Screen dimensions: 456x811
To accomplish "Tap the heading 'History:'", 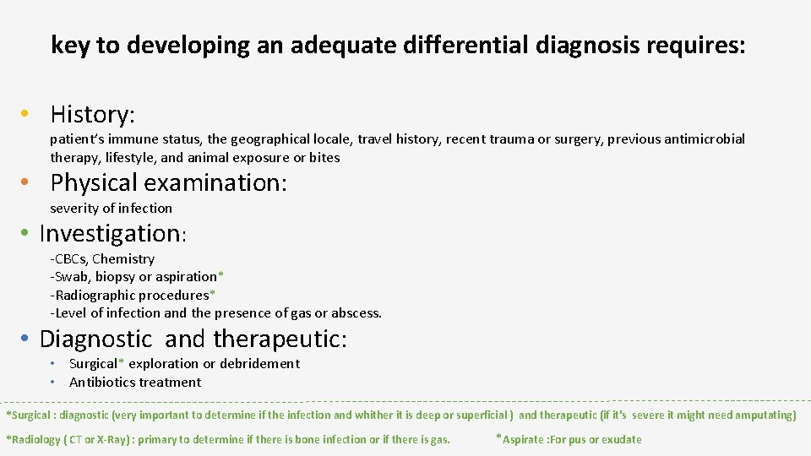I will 93,114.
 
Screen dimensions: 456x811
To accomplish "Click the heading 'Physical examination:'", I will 169,182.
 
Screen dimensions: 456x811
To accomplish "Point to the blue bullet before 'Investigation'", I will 28,233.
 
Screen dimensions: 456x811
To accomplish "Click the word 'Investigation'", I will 110,233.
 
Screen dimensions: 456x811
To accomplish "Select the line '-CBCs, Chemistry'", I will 102,259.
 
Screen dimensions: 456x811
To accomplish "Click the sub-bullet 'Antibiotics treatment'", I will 135,383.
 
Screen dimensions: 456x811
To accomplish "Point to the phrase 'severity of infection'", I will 111,209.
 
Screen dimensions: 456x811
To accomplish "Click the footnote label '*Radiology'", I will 34,439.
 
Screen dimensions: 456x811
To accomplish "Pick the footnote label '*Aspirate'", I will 523,439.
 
